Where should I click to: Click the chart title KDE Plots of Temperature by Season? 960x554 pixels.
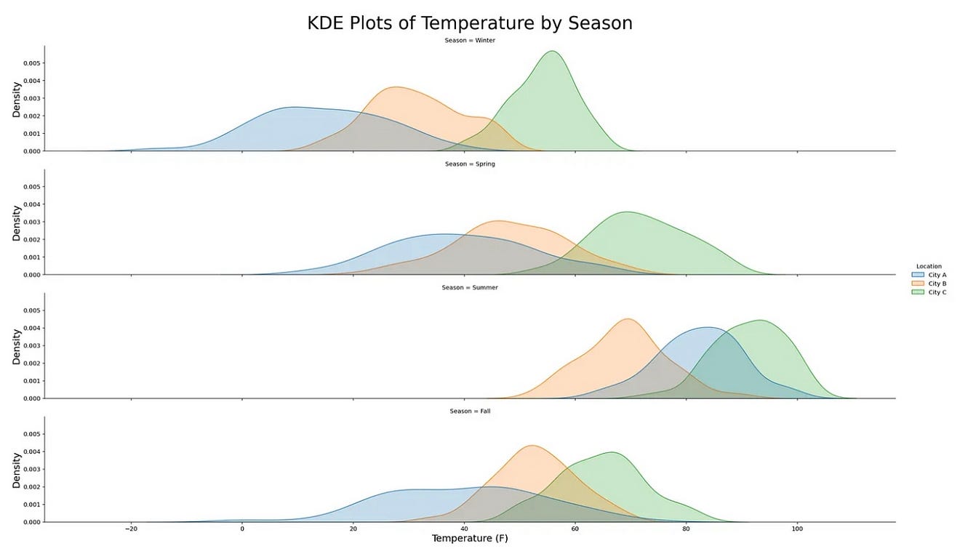click(470, 23)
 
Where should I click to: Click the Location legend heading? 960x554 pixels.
click(929, 266)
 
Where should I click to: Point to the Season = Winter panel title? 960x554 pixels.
click(470, 40)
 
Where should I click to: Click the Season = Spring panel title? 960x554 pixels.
click(470, 164)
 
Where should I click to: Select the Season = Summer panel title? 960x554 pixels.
click(470, 287)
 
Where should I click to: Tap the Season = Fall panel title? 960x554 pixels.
click(470, 411)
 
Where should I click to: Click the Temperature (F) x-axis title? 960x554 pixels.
click(470, 539)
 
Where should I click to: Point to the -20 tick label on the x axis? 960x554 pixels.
click(131, 529)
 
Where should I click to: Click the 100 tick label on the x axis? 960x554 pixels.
click(797, 529)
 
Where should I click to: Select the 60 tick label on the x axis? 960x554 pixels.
click(575, 529)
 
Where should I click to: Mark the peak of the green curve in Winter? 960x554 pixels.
click(552, 51)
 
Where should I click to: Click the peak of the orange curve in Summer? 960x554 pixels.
click(628, 318)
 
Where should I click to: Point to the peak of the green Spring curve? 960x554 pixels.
click(627, 212)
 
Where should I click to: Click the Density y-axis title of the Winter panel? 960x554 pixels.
click(16, 100)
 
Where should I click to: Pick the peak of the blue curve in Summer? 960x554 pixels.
click(708, 327)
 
